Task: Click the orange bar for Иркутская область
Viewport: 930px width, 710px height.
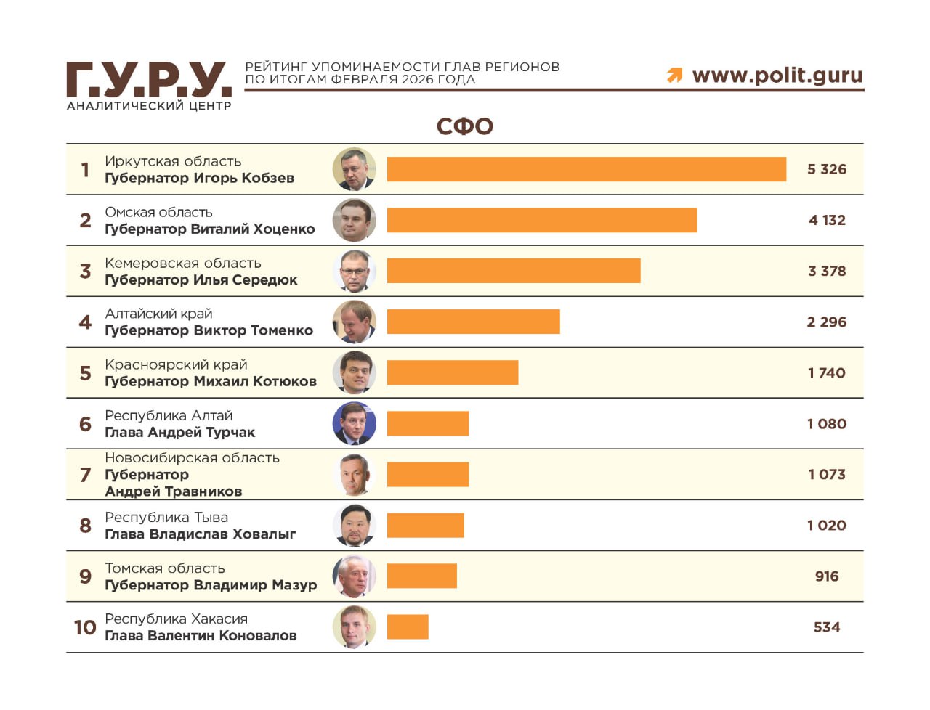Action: [x=586, y=169]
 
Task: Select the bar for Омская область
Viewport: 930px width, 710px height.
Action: [x=541, y=220]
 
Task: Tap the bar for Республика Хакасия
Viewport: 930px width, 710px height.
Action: [x=408, y=627]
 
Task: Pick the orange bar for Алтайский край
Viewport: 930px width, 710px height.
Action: [x=473, y=322]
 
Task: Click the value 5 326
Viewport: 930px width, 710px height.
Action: [x=827, y=169]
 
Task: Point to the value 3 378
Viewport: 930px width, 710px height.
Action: [x=827, y=271]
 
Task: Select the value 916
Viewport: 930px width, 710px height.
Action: [x=827, y=576]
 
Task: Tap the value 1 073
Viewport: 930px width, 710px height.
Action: [x=827, y=474]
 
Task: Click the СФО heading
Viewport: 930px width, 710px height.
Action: [x=465, y=126]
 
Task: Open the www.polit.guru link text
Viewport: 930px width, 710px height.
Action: [x=777, y=75]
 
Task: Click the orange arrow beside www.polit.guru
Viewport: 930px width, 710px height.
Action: [x=675, y=75]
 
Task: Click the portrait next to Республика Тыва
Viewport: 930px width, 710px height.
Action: [x=355, y=525]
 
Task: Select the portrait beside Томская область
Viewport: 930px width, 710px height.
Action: [x=355, y=576]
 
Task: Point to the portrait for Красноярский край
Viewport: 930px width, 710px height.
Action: [x=355, y=372]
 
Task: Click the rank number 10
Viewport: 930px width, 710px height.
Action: [x=85, y=627]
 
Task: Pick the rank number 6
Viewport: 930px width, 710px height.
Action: [x=85, y=423]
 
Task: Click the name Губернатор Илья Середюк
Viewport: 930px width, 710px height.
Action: [x=201, y=279]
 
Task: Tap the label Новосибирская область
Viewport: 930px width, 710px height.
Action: [x=192, y=457]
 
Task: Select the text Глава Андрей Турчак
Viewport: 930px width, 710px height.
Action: [x=179, y=432]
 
